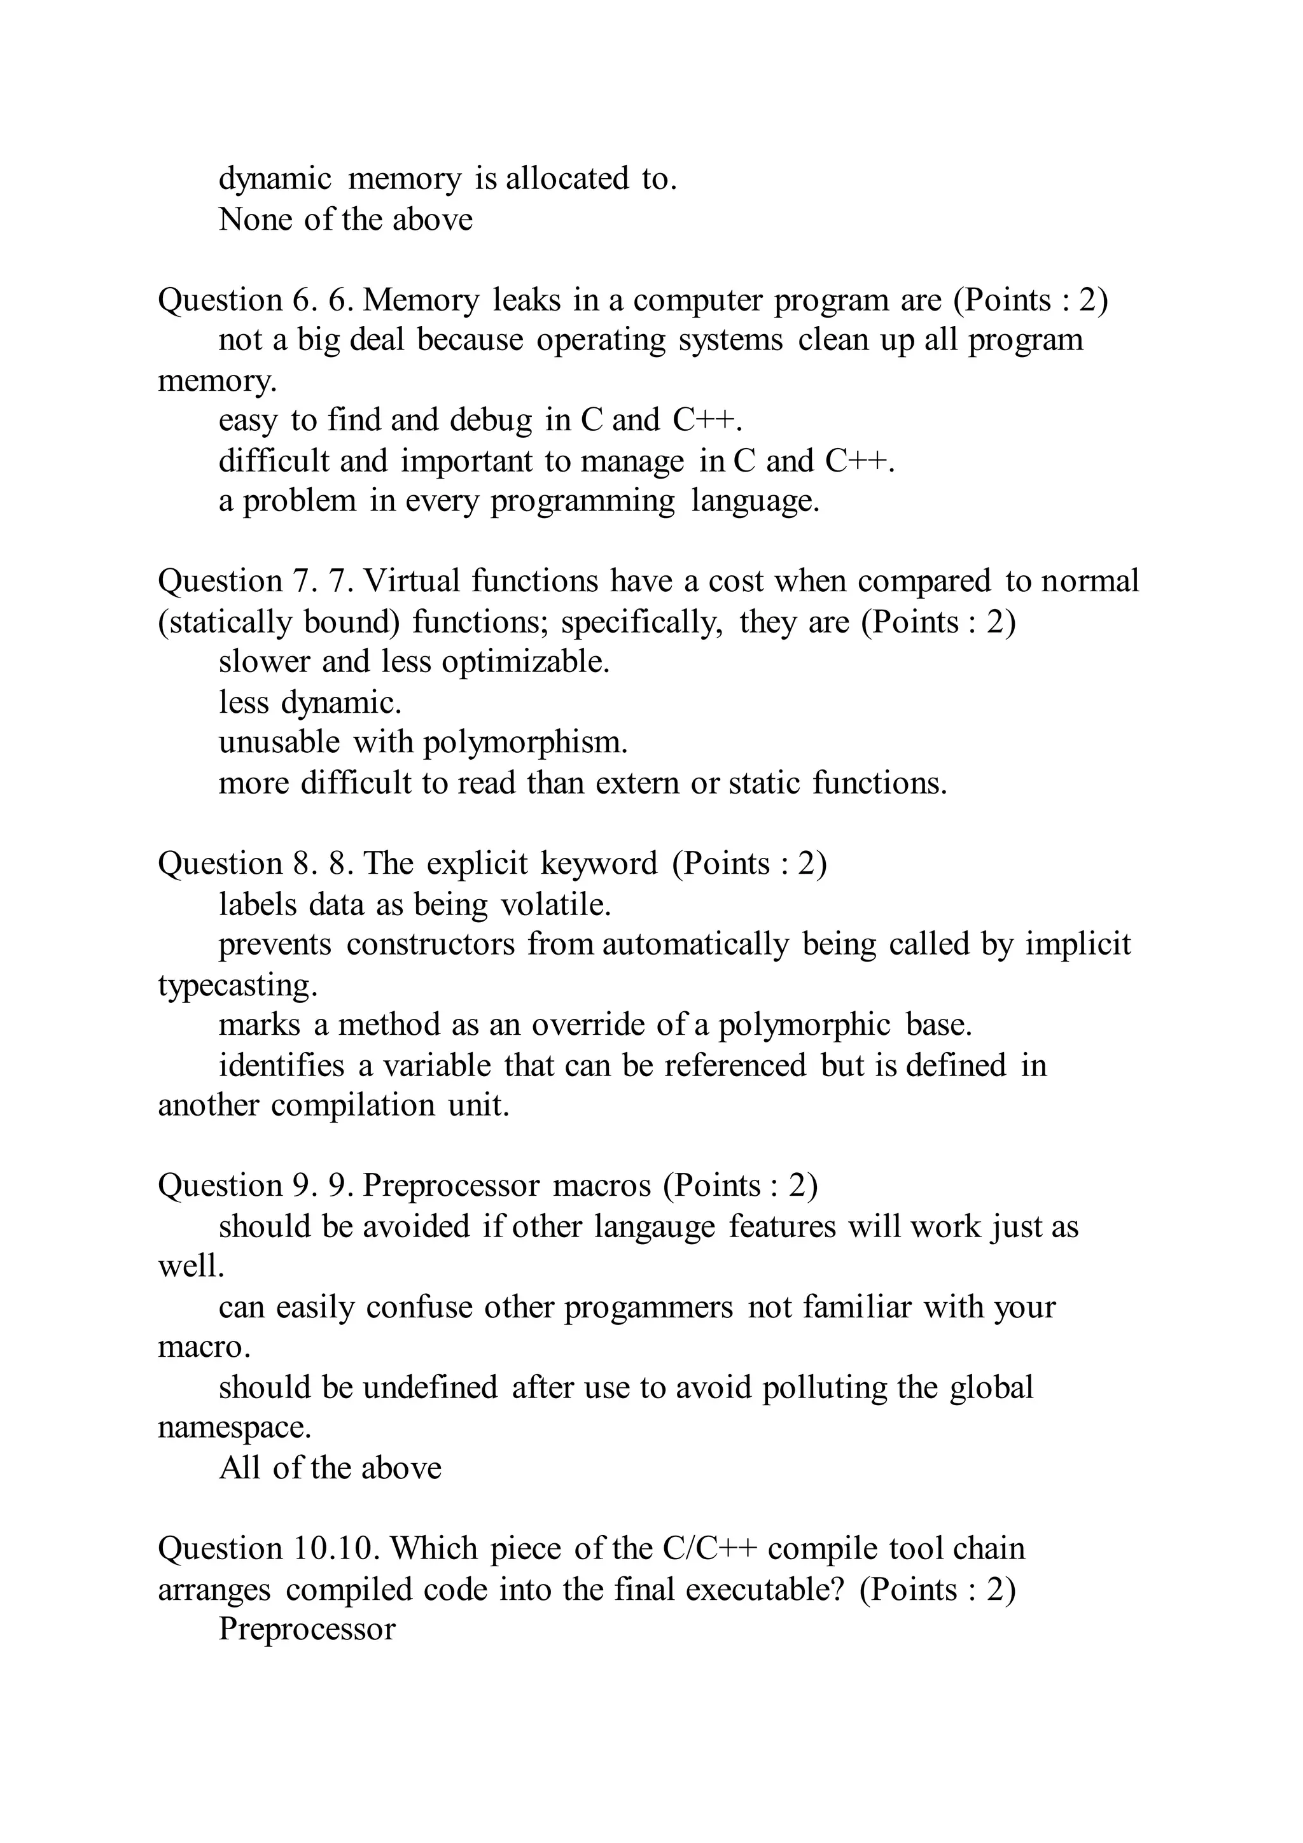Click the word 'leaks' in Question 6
[526, 300]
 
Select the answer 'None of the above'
[345, 219]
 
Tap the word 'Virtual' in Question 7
[412, 581]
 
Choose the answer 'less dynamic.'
[310, 703]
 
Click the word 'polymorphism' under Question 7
[525, 743]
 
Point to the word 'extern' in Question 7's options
[637, 783]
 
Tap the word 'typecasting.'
[237, 986]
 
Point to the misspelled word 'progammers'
[648, 1308]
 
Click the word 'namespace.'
[234, 1428]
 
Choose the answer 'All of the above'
[330, 1468]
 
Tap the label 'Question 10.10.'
[267, 1549]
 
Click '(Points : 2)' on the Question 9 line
[740, 1186]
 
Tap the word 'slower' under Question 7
[264, 662]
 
